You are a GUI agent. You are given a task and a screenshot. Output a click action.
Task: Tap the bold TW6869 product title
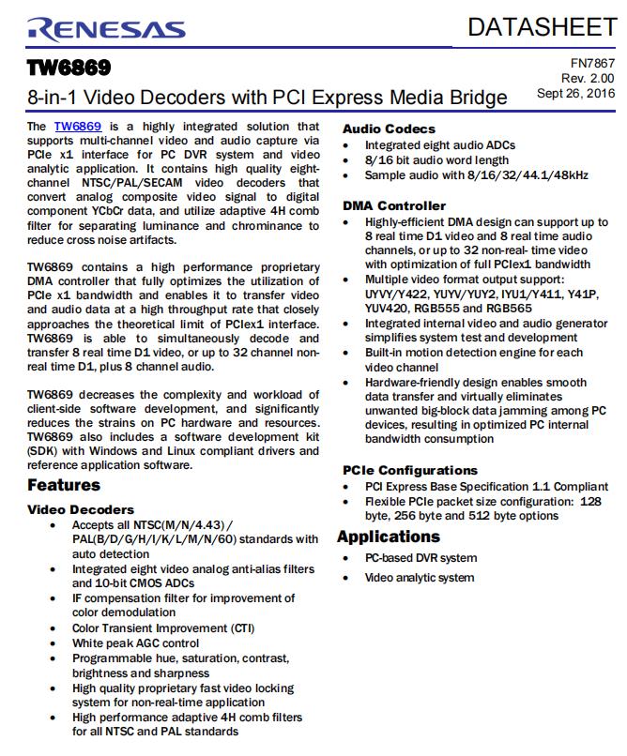(x=69, y=68)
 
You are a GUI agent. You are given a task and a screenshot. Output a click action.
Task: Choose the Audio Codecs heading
(x=389, y=129)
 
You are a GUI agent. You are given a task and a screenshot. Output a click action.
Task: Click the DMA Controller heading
(x=394, y=205)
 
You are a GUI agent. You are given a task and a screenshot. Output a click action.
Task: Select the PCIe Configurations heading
(x=409, y=470)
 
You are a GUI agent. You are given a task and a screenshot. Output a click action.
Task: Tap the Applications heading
(x=389, y=537)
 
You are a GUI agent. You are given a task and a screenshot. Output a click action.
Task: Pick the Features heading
(x=64, y=485)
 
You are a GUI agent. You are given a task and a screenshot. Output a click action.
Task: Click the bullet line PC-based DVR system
(x=421, y=558)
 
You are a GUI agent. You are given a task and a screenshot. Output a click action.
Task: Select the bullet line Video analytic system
(x=420, y=578)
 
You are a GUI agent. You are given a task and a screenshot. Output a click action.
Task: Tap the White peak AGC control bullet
(x=135, y=643)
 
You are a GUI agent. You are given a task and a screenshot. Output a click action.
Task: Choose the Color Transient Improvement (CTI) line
(x=163, y=628)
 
